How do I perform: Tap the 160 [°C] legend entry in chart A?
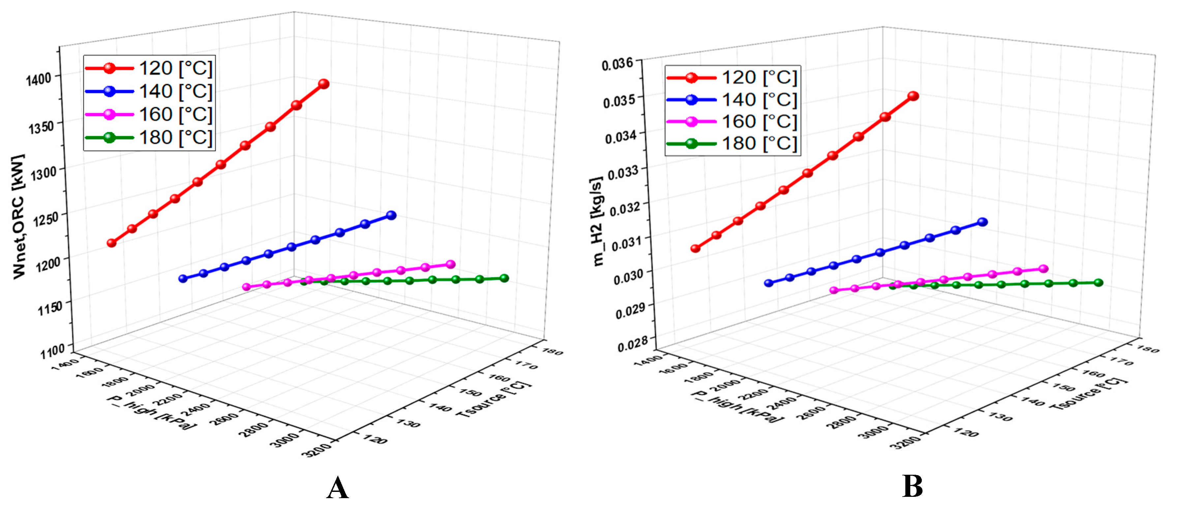[x=149, y=114]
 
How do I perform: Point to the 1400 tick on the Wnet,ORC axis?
[x=39, y=79]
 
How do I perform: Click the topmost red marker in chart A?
[x=324, y=84]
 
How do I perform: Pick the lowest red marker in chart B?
[x=696, y=248]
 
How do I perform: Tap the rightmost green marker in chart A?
[x=504, y=278]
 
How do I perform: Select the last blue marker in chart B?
[x=982, y=222]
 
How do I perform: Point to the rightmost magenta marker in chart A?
[x=450, y=264]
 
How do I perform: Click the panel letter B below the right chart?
[x=912, y=487]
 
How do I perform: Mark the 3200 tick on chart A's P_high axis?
[x=316, y=449]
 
